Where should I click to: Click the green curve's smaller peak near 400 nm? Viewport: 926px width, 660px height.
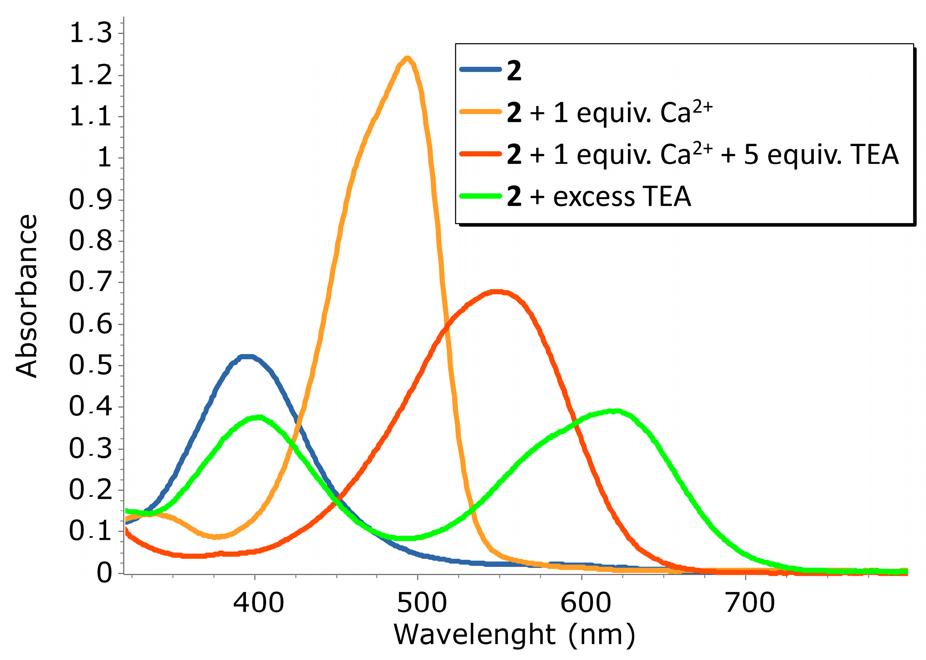(258, 417)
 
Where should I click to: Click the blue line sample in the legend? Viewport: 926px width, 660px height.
(480, 69)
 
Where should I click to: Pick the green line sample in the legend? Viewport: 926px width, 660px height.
(480, 196)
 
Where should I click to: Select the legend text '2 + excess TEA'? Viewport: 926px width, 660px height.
(599, 197)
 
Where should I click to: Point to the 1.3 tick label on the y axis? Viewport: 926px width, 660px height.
(90, 33)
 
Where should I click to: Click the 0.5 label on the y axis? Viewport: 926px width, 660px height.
(90, 364)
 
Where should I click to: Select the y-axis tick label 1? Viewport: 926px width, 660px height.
(104, 157)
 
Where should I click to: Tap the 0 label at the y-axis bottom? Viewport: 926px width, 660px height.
(104, 573)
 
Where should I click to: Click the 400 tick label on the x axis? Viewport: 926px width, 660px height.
(258, 603)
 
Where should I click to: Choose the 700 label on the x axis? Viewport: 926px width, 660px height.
(749, 603)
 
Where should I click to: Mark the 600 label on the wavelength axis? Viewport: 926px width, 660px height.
(586, 603)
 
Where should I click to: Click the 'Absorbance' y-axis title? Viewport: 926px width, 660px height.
(26, 296)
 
